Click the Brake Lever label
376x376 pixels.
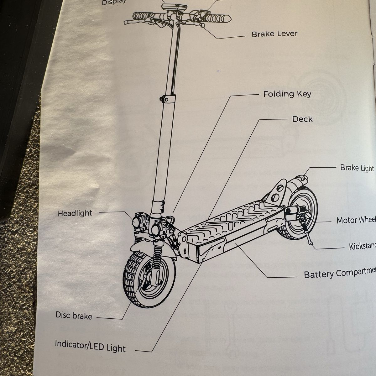point(274,34)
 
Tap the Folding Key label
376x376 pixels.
point(287,94)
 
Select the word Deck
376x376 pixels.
point(302,119)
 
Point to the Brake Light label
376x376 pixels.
point(357,168)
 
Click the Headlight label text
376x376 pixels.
point(75,213)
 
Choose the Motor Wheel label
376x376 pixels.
point(356,220)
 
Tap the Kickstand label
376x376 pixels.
point(362,246)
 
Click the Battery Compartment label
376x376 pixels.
point(339,274)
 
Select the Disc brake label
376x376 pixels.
point(74,315)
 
